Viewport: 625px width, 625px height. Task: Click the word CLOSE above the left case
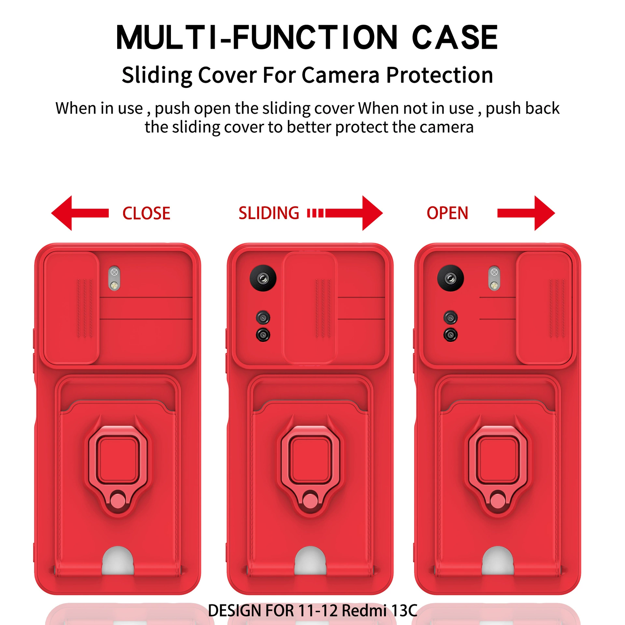146,214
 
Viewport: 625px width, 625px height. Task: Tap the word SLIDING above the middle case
269,213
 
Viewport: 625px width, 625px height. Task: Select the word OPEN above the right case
447,213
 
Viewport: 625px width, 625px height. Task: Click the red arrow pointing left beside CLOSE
80,213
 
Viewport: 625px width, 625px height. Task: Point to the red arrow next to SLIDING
345,213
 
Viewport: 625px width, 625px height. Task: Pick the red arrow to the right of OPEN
526,213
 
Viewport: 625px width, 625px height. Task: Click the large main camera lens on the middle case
263,278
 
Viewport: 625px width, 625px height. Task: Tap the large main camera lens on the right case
451,278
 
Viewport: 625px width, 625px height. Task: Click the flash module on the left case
114,278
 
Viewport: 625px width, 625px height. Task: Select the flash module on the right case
494,278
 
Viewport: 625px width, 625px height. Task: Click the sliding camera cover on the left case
71,308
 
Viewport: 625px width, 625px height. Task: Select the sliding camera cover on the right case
544,308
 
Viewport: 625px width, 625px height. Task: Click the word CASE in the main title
455,37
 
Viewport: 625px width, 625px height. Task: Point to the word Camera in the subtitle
340,75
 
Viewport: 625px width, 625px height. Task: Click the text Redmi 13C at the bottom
380,610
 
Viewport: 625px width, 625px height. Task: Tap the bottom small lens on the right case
451,335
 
